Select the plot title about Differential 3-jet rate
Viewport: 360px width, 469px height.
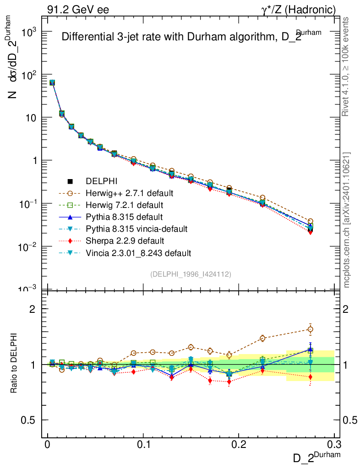point(191,37)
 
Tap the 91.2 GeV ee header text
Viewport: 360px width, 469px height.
point(78,10)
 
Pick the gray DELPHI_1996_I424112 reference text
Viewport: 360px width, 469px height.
point(190,274)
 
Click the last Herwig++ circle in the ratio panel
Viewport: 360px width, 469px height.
point(311,329)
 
